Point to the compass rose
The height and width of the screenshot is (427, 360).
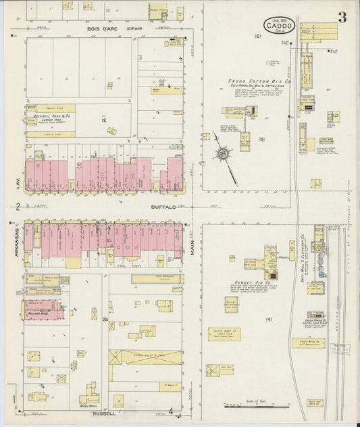pyautogui.click(x=224, y=153)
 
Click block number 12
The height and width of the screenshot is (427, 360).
pyautogui.click(x=104, y=120)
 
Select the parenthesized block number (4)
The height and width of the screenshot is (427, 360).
pyautogui.click(x=268, y=318)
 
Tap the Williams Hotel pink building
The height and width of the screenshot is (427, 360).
pyautogui.click(x=44, y=309)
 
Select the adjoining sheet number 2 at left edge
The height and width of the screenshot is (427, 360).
pyautogui.click(x=16, y=207)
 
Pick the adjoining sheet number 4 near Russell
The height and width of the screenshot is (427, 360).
pyautogui.click(x=172, y=411)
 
